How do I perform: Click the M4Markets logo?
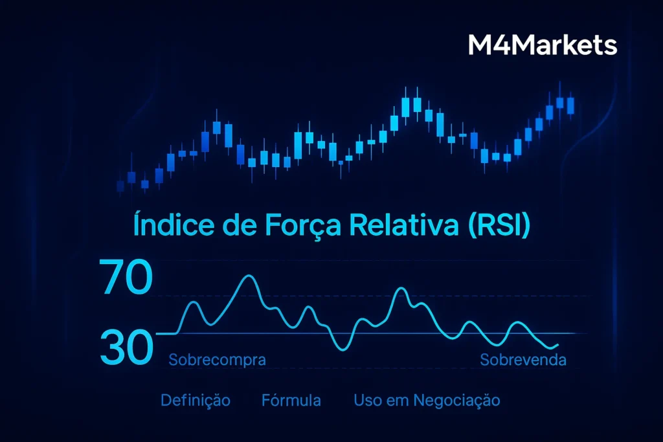(542, 46)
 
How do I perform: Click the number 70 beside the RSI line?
(126, 278)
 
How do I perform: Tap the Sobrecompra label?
(217, 360)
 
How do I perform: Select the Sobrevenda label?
(523, 360)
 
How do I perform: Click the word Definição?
(195, 401)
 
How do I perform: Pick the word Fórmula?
(291, 401)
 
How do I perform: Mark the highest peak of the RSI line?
(249, 276)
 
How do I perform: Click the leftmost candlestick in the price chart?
(120, 186)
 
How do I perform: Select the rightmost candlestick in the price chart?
(570, 105)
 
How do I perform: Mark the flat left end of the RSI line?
(166, 333)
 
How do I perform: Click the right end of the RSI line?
(557, 345)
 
